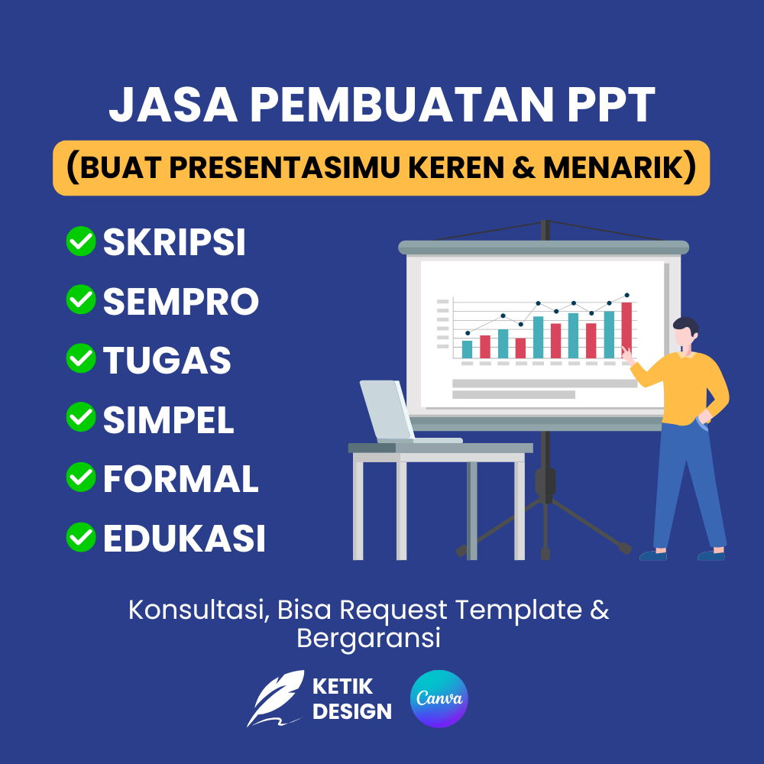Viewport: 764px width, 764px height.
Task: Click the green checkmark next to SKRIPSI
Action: pyautogui.click(x=80, y=241)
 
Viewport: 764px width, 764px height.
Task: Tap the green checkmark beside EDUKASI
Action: pyautogui.click(x=80, y=537)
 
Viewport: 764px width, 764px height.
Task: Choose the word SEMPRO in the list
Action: pyautogui.click(x=181, y=302)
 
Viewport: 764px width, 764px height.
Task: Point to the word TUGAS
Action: pyautogui.click(x=167, y=360)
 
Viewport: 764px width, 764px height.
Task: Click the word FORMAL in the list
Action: pyautogui.click(x=181, y=479)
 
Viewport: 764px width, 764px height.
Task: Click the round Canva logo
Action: pyautogui.click(x=439, y=698)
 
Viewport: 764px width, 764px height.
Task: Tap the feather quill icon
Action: pyautogui.click(x=275, y=697)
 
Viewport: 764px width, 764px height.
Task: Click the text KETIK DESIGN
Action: pyautogui.click(x=351, y=698)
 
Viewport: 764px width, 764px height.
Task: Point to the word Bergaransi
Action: pyautogui.click(x=368, y=638)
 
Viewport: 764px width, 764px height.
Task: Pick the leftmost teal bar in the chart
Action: pyautogui.click(x=468, y=348)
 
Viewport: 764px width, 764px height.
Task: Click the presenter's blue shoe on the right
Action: pyautogui.click(x=711, y=555)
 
